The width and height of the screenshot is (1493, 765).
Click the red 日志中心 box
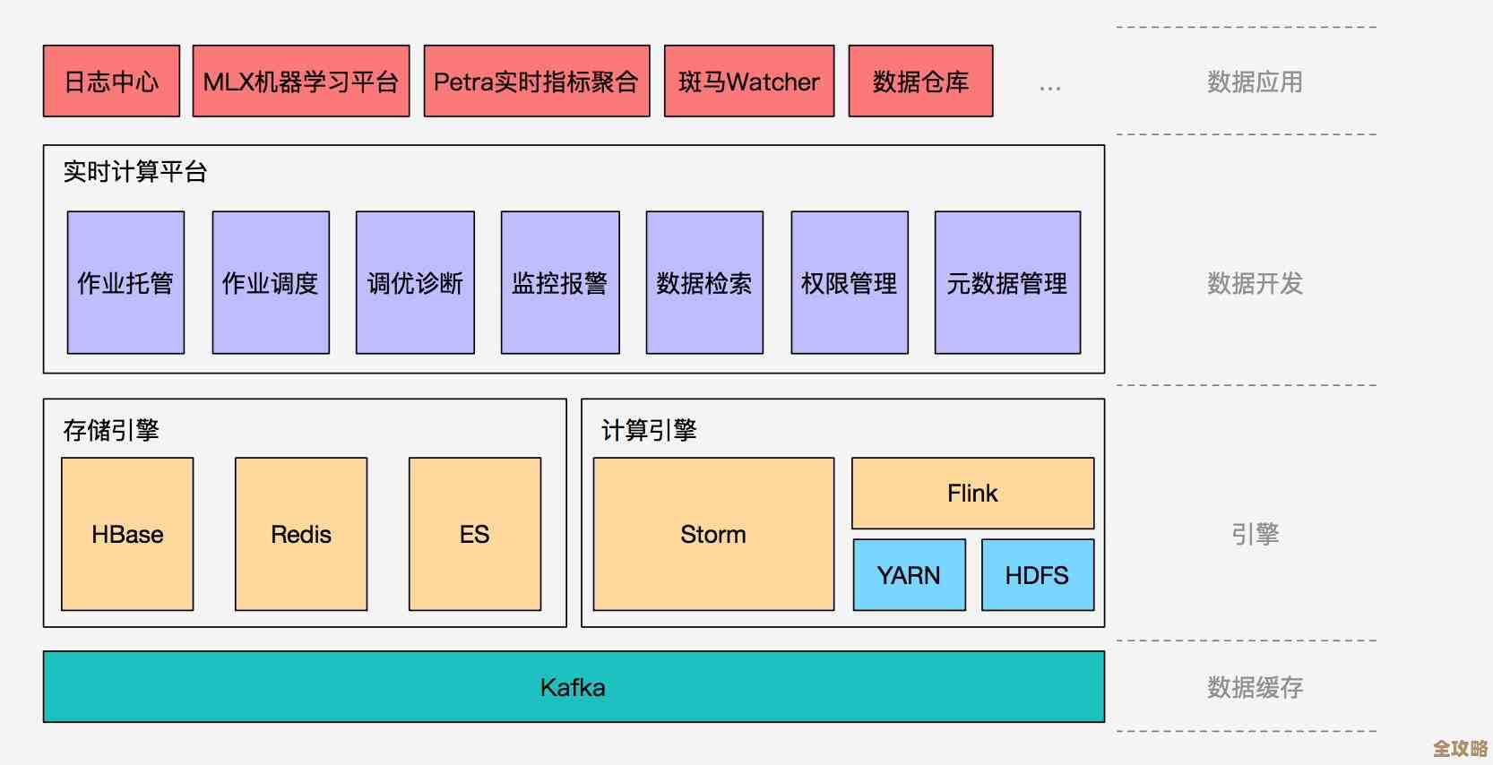[x=111, y=82]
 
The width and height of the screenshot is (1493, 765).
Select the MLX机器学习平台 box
[x=301, y=82]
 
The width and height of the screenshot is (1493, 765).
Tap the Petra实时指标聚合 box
[x=536, y=82]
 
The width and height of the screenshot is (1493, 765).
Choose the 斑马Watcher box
[x=749, y=82]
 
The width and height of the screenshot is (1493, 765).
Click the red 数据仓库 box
[x=920, y=82]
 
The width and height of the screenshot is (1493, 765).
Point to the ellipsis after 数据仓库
[x=1049, y=88]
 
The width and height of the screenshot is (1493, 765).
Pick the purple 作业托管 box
[x=125, y=283]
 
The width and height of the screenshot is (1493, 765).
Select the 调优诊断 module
[x=415, y=283]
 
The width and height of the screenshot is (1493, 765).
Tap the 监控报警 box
[x=560, y=283]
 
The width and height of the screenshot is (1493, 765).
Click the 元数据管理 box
[x=1007, y=283]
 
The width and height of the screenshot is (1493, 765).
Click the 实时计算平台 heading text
[x=135, y=171]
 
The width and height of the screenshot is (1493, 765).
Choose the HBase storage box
[x=127, y=535]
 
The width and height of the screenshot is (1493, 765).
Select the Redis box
[x=301, y=535]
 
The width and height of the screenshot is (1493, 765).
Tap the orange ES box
[x=474, y=535]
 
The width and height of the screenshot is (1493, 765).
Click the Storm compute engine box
[x=713, y=535]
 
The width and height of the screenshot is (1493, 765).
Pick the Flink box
[x=972, y=494]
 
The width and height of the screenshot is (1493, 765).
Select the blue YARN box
[x=909, y=575]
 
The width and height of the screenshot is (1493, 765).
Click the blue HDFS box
[x=1037, y=575]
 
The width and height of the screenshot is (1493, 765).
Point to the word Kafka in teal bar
[x=573, y=687]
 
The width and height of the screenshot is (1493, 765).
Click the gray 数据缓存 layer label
[x=1255, y=687]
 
